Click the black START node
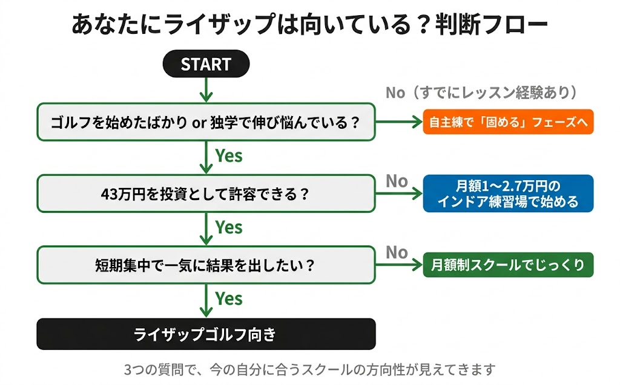(x=206, y=64)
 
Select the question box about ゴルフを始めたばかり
(x=206, y=122)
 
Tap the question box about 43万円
(x=206, y=194)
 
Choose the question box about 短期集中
(x=206, y=265)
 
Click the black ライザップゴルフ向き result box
(x=206, y=334)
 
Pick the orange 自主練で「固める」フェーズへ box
(x=508, y=122)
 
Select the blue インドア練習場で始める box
(x=508, y=193)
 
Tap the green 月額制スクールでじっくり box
(x=508, y=265)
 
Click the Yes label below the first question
(x=229, y=156)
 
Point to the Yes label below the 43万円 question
(x=229, y=227)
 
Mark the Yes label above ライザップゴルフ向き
(x=229, y=299)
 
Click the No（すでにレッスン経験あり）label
(x=481, y=92)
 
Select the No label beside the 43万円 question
(x=397, y=181)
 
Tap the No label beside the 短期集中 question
(x=397, y=252)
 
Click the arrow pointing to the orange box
(x=398, y=122)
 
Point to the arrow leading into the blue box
(x=398, y=194)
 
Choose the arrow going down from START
(x=206, y=89)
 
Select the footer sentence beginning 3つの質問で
(x=309, y=369)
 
